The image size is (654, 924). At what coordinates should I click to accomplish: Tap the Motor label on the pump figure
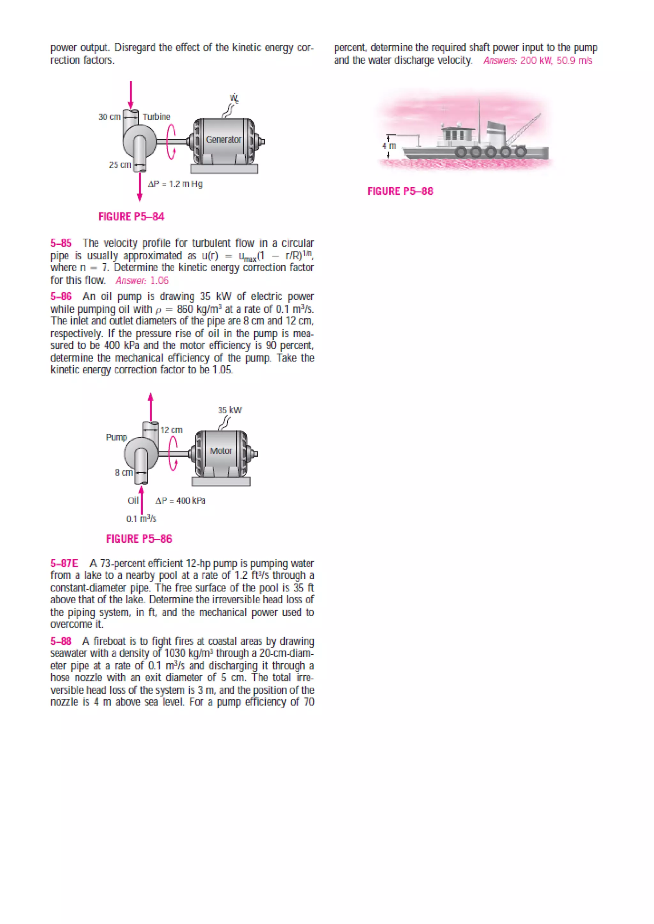221,451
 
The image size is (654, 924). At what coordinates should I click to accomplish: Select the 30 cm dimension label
110,117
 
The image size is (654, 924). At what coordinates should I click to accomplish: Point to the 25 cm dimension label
120,165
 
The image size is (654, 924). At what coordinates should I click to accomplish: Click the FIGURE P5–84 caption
131,217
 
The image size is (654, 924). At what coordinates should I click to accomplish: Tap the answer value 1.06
159,280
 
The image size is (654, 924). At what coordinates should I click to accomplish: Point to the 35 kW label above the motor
230,410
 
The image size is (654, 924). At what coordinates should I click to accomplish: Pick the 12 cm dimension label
171,430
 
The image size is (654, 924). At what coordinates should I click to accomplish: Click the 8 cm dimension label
124,473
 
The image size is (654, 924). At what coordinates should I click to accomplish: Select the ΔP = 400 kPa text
180,501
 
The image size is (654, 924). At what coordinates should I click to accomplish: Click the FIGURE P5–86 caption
139,539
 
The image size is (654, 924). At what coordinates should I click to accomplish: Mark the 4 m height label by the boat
389,146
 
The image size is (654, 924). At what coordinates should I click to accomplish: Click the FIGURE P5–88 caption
400,191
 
